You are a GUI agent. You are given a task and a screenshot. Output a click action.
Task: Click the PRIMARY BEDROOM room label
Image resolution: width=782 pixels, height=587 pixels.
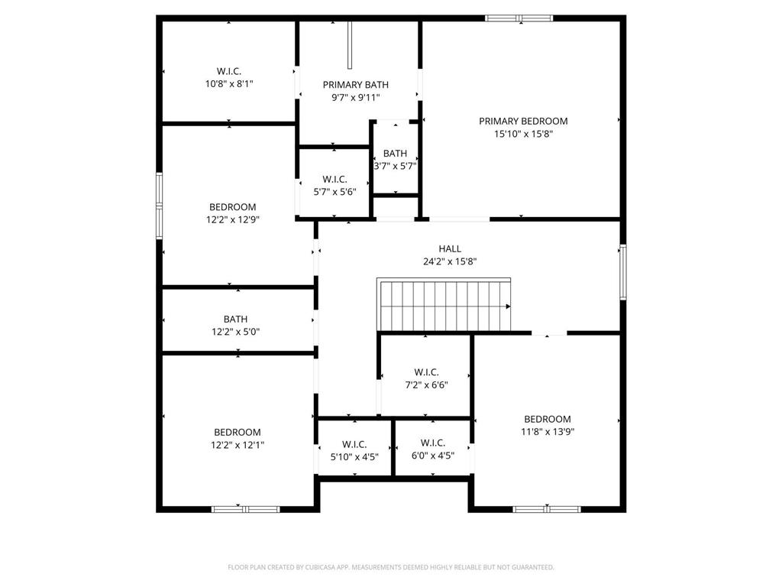[523, 122]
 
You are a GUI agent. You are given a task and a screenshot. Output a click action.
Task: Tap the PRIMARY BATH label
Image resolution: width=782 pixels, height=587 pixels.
[356, 85]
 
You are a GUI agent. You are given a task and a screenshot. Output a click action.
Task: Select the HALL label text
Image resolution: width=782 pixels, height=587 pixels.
[450, 248]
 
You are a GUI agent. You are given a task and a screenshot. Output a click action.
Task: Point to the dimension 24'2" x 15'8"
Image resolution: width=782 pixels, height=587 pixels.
[450, 261]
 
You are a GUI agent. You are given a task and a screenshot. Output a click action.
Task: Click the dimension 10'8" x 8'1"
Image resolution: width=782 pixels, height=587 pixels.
[229, 84]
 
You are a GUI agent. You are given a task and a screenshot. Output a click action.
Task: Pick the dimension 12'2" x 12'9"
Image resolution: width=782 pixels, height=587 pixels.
[233, 219]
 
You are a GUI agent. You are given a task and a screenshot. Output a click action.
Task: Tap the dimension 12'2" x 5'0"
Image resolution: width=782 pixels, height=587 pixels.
[235, 332]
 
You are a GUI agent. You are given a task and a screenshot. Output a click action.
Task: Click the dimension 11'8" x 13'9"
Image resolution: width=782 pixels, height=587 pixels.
[548, 432]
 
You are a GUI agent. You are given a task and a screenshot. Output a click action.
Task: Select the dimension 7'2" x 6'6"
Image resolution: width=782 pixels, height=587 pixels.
[426, 385]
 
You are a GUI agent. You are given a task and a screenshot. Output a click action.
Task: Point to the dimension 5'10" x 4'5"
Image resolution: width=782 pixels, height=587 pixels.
[354, 457]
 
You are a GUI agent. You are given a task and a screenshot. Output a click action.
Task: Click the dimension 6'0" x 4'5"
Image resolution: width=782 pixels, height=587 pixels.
[433, 456]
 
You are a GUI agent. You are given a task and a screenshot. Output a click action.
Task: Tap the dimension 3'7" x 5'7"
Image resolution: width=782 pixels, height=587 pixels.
[396, 166]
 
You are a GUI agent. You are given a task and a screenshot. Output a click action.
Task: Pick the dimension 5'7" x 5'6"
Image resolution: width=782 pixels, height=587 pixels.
[334, 192]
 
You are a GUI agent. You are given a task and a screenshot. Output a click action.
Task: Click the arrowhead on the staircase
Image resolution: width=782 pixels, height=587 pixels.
[508, 306]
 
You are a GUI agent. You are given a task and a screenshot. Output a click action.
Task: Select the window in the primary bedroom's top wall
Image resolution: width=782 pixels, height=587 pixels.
[519, 18]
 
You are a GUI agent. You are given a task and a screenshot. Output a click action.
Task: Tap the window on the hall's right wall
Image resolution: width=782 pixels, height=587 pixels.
[623, 272]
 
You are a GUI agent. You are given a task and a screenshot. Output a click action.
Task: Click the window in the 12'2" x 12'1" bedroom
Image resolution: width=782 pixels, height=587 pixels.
[246, 509]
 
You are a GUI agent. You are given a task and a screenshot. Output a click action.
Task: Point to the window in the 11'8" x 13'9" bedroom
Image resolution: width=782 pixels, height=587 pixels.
[547, 509]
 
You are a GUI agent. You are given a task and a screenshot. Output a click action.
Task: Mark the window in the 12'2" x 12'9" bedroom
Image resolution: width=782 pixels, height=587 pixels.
[160, 206]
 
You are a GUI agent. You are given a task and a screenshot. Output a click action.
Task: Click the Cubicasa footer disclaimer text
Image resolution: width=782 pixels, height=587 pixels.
[391, 567]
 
